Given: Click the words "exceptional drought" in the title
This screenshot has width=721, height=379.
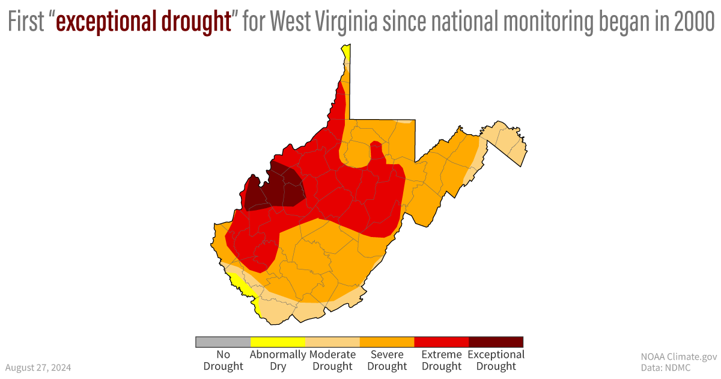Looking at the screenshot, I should (x=144, y=22).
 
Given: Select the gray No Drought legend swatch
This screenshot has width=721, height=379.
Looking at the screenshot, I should (x=223, y=342).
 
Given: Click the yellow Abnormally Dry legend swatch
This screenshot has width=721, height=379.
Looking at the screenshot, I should (x=278, y=342).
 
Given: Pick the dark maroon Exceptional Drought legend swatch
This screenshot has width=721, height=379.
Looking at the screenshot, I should (x=496, y=342).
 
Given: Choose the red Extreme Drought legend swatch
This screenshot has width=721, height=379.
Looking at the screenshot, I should (x=441, y=342).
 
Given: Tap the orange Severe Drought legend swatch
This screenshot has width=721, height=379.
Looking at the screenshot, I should (x=387, y=342).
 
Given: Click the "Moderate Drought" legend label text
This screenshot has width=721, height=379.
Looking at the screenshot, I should (x=332, y=360).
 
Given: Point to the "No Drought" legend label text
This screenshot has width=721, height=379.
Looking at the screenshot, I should (x=223, y=360).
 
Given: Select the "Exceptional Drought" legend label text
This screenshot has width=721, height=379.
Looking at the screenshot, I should (x=496, y=360).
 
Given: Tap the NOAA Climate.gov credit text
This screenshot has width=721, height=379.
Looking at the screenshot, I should (x=679, y=356).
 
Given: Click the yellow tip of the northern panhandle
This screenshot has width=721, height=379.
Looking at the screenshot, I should (x=347, y=52).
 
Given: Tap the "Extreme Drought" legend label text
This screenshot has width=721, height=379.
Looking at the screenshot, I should (x=441, y=360).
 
